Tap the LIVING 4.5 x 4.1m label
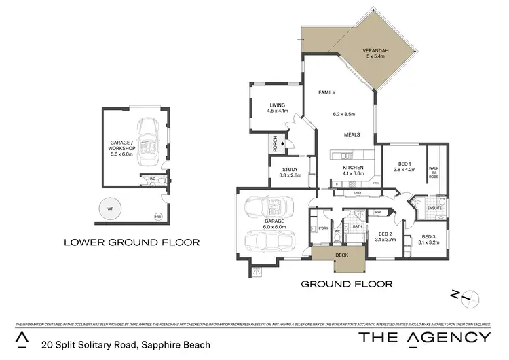[278, 108]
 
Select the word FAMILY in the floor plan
[328, 92]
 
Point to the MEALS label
[352, 134]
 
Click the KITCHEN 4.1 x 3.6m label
[353, 171]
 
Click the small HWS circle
[158, 217]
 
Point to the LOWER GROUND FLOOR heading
[131, 242]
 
